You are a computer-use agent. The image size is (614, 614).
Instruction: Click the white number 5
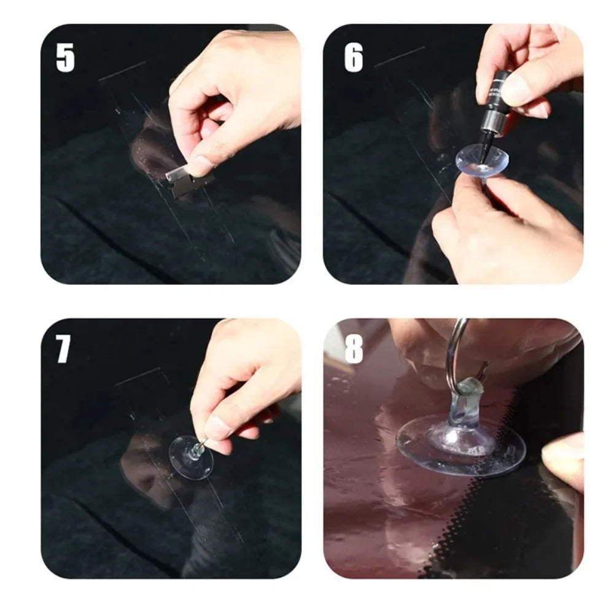click(x=65, y=58)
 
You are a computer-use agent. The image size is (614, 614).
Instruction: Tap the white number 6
click(x=353, y=58)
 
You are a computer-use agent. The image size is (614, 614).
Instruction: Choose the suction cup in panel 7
click(x=190, y=457)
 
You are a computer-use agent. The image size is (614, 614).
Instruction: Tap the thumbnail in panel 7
click(x=216, y=427)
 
